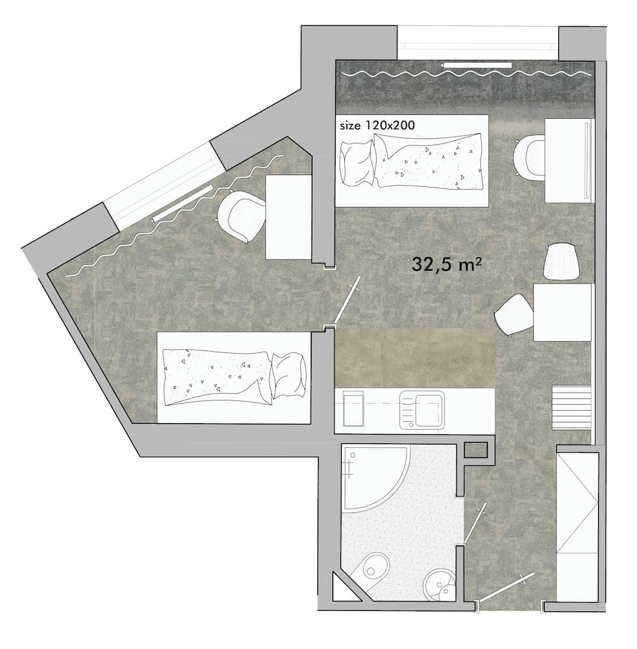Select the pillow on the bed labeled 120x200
pyautogui.click(x=356, y=162)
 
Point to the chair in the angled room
pyautogui.click(x=242, y=216)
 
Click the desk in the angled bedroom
pyautogui.click(x=288, y=217)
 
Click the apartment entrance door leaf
pyautogui.click(x=506, y=587)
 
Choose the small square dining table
pyautogui.click(x=562, y=312)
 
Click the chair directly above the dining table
pyautogui.click(x=561, y=261)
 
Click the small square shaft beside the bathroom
pyautogui.click(x=475, y=449)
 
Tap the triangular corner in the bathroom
pyautogui.click(x=343, y=589)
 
